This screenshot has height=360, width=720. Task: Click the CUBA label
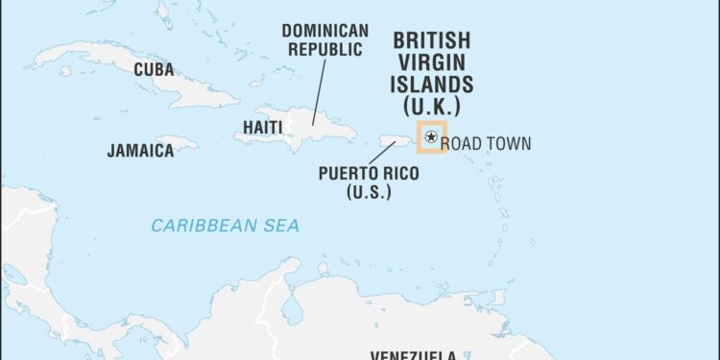click(154, 69)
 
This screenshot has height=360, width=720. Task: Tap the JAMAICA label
click(140, 151)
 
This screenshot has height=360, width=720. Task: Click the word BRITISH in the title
click(431, 41)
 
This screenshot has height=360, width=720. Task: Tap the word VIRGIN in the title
click(431, 62)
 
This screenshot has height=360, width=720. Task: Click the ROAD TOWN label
click(485, 144)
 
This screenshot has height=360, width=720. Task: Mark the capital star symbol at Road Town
click(431, 138)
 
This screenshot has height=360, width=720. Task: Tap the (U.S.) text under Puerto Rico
click(369, 192)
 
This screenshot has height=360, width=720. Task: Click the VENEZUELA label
click(402, 353)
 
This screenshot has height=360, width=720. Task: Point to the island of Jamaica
click(177, 140)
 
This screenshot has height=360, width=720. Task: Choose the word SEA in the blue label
click(282, 226)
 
